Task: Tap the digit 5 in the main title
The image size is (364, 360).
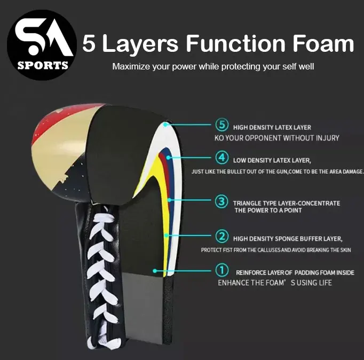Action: [89, 44]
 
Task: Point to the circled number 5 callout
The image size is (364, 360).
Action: [222, 126]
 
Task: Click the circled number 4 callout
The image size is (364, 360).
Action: [222, 159]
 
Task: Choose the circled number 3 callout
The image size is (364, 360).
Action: [222, 202]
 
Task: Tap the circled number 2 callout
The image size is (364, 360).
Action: [222, 236]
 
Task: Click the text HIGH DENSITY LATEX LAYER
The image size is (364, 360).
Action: [272, 127]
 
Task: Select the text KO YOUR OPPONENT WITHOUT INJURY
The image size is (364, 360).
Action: [277, 138]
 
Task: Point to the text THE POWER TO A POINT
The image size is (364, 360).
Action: [268, 210]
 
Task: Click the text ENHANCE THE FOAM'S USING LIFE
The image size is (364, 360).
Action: [275, 283]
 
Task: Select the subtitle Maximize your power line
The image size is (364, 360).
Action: [213, 67]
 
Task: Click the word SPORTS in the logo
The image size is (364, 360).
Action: [43, 66]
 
